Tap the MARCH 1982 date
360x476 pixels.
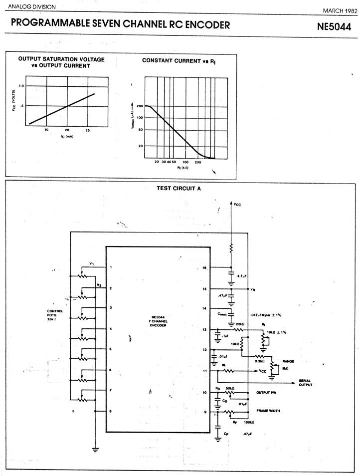[340, 10]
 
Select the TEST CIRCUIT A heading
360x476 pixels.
[178, 189]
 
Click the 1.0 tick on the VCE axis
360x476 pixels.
[21, 86]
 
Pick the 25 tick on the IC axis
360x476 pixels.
[87, 130]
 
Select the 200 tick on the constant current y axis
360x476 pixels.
[140, 106]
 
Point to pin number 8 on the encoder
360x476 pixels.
[111, 411]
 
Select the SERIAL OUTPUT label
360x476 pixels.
[305, 382]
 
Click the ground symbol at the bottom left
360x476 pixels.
[95, 448]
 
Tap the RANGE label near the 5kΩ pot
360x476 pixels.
[289, 360]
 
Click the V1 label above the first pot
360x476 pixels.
[91, 263]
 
